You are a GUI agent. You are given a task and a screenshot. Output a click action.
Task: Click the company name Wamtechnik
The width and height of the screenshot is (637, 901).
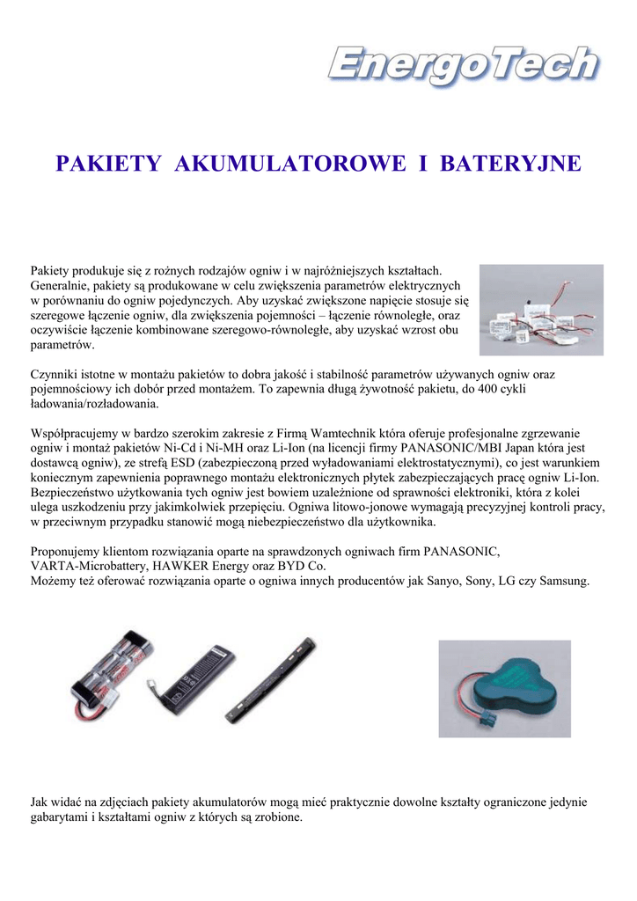[x=342, y=434]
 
